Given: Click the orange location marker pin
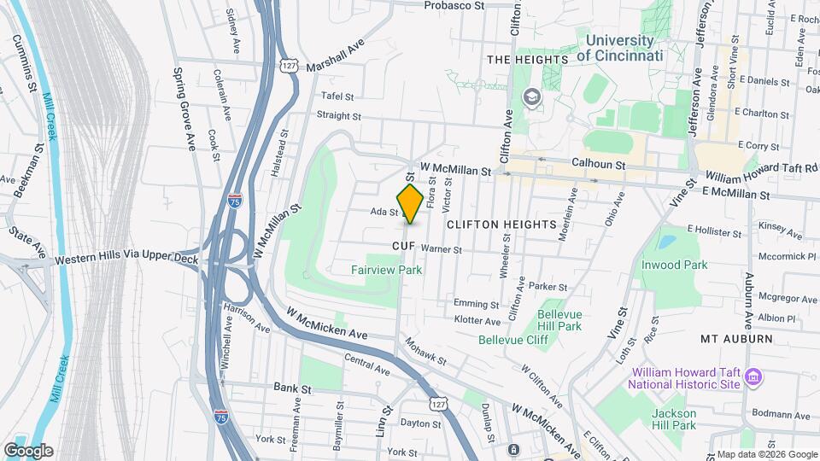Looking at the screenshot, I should click(x=410, y=203).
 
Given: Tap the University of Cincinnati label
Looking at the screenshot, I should click(x=619, y=48).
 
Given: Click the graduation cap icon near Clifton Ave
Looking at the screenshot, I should click(x=533, y=97).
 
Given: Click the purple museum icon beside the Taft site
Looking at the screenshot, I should click(x=753, y=376).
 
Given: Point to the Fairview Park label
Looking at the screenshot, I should click(x=386, y=270).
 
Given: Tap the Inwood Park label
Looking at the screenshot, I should click(x=674, y=265).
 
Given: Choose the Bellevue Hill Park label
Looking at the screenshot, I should click(x=559, y=320).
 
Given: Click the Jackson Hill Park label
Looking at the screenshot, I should click(x=674, y=419).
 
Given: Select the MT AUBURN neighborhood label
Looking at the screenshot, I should click(x=736, y=339).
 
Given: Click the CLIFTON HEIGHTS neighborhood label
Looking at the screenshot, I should click(x=501, y=224).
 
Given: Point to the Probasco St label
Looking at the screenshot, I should click(x=454, y=5).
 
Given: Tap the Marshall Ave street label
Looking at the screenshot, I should click(x=335, y=55).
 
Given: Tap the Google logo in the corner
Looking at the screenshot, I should click(x=28, y=451).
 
